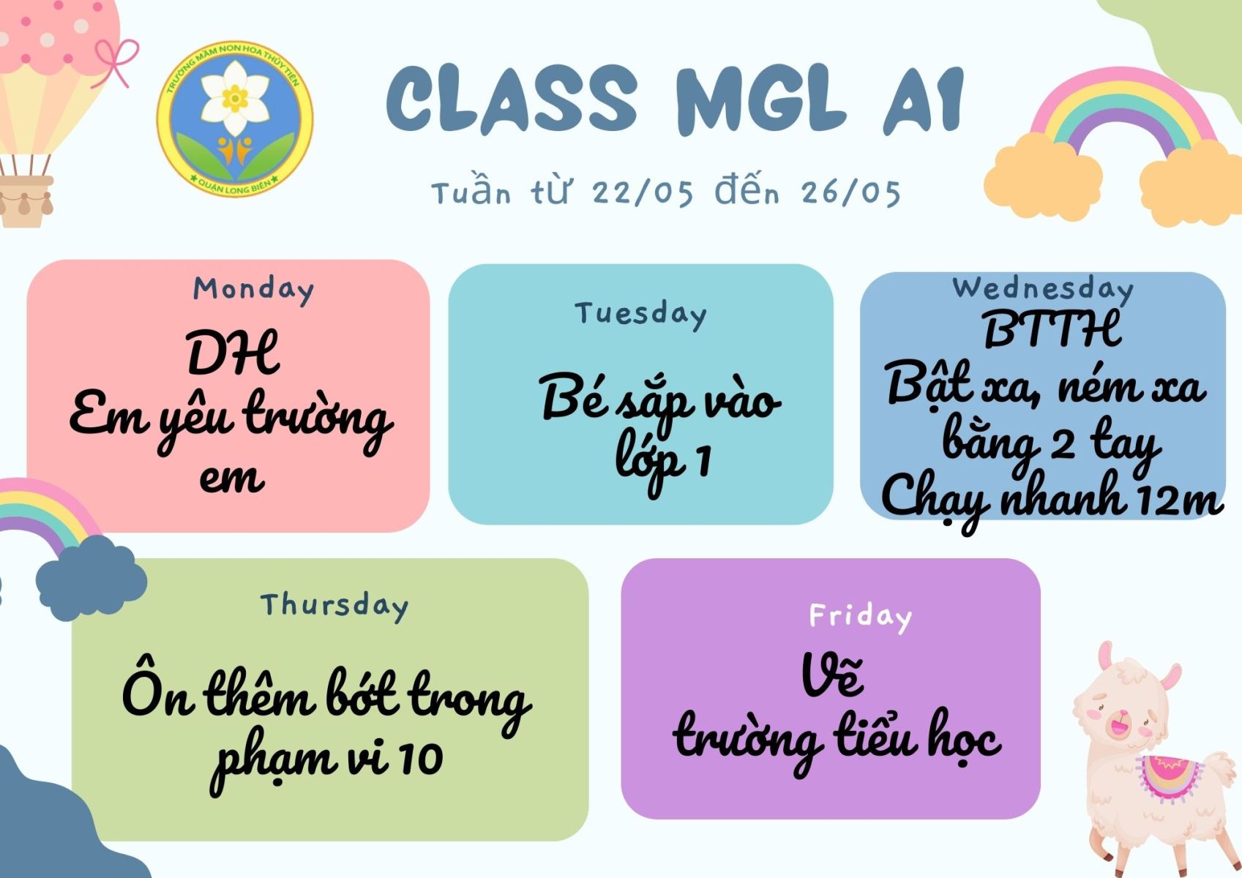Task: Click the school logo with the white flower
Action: pos(234,119)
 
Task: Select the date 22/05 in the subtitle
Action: pos(643,193)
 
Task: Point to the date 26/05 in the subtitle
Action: pos(850,193)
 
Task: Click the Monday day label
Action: pos(253,290)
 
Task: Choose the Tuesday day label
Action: pos(640,315)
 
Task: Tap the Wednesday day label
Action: pos(1043,289)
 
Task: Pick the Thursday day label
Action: pos(334,606)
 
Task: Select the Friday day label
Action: pos(861,617)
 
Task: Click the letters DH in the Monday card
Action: pos(233,353)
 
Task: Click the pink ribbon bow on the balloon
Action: pos(116,62)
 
